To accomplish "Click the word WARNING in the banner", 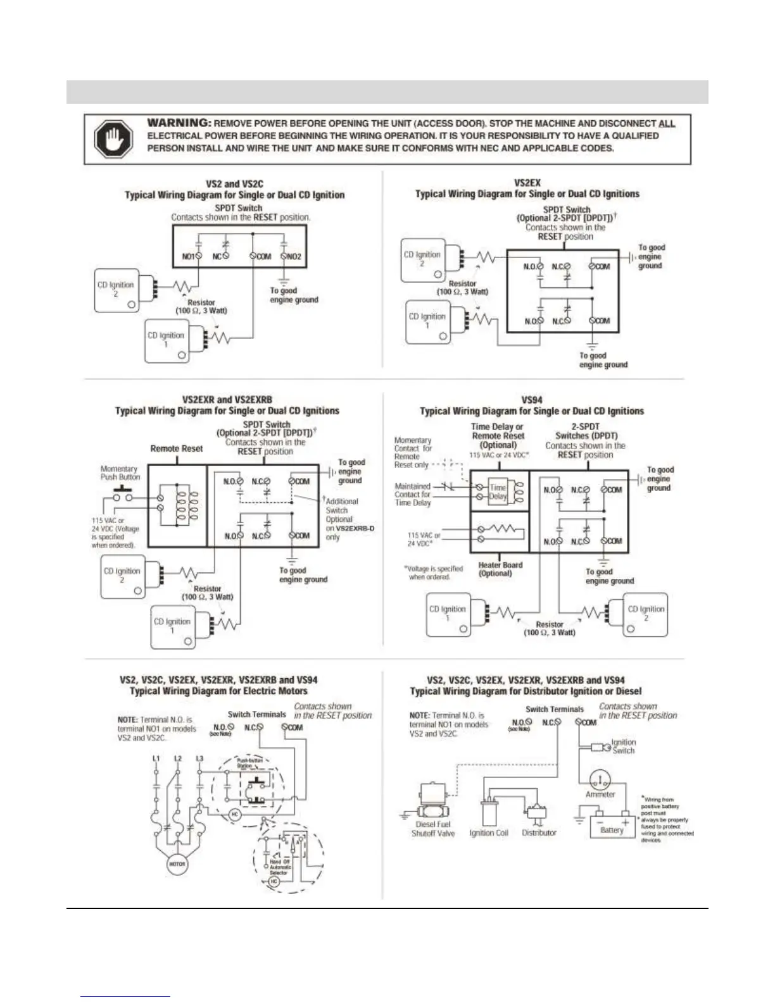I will pyautogui.click(x=179, y=123).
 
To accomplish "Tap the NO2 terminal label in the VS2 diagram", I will pyautogui.click(x=294, y=257).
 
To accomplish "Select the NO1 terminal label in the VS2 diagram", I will pyautogui.click(x=188, y=257).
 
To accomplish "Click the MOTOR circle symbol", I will pyautogui.click(x=177, y=864).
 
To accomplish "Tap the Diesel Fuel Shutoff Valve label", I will pyautogui.click(x=433, y=829).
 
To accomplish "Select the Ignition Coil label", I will pyautogui.click(x=489, y=833).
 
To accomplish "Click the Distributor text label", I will pyautogui.click(x=539, y=833).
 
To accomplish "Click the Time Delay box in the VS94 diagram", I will pyautogui.click(x=498, y=492).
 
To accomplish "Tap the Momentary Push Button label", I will pyautogui.click(x=120, y=473).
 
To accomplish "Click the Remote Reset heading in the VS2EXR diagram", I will pyautogui.click(x=177, y=448).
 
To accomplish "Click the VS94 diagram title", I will pyautogui.click(x=532, y=400).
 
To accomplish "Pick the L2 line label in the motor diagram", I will pyautogui.click(x=179, y=758).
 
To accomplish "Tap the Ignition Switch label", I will pyautogui.click(x=623, y=746).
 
